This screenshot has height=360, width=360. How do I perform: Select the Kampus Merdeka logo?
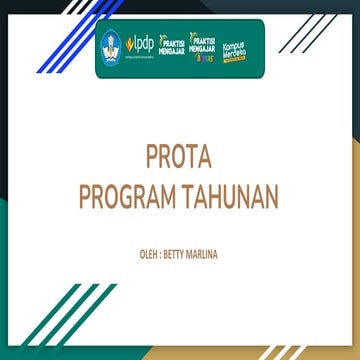click(235, 46)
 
